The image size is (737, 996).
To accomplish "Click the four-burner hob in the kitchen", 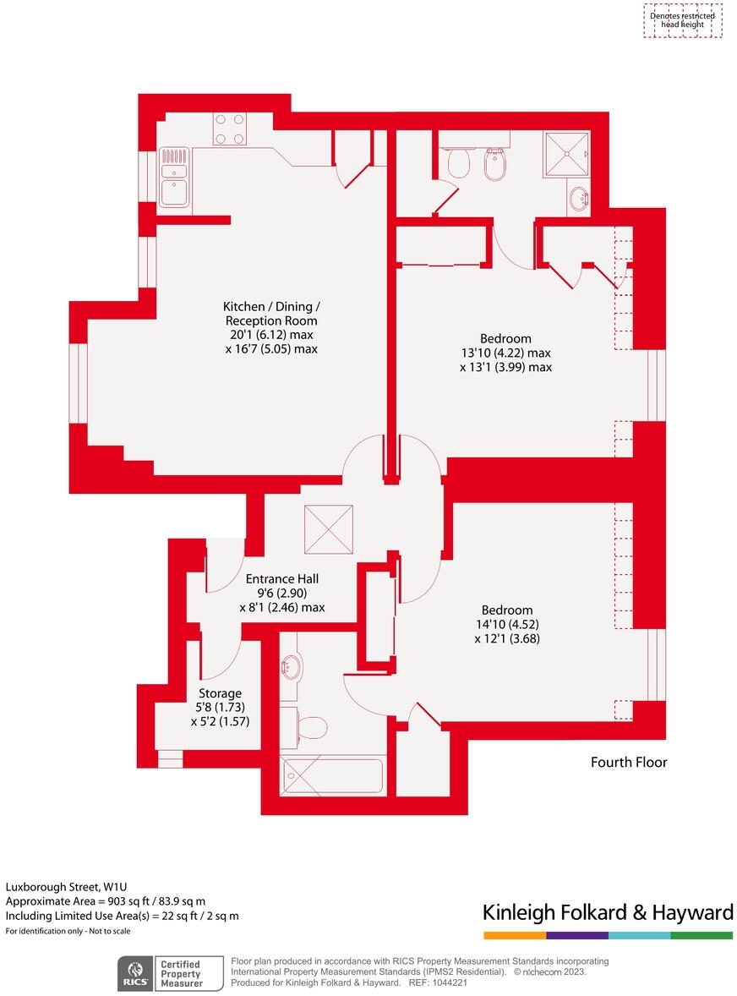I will pos(229,129).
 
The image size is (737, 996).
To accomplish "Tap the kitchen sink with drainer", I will pos(174,178).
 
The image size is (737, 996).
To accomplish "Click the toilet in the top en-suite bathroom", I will pos(459,161).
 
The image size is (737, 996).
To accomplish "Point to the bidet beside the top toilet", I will pos(494,165).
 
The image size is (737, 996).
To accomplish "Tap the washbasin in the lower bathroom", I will pos(290,667).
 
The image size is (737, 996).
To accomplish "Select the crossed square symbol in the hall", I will pos(328,529).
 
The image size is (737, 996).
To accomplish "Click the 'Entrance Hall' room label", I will pos(281,579).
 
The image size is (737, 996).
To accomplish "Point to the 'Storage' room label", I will pos(220,693).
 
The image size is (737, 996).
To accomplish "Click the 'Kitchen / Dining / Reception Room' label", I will pos(271,314).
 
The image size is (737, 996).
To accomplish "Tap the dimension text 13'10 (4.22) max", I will pos(505,353).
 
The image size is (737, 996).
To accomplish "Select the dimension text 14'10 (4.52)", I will pos(507,625).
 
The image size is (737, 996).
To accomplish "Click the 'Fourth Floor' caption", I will pos(629,763).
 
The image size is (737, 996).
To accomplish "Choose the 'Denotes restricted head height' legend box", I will pos(681,20).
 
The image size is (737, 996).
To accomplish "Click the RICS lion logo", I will pos(134,973).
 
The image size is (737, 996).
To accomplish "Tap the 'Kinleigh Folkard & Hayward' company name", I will pos(607,912).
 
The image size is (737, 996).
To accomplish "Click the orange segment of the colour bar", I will pos(514,936).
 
